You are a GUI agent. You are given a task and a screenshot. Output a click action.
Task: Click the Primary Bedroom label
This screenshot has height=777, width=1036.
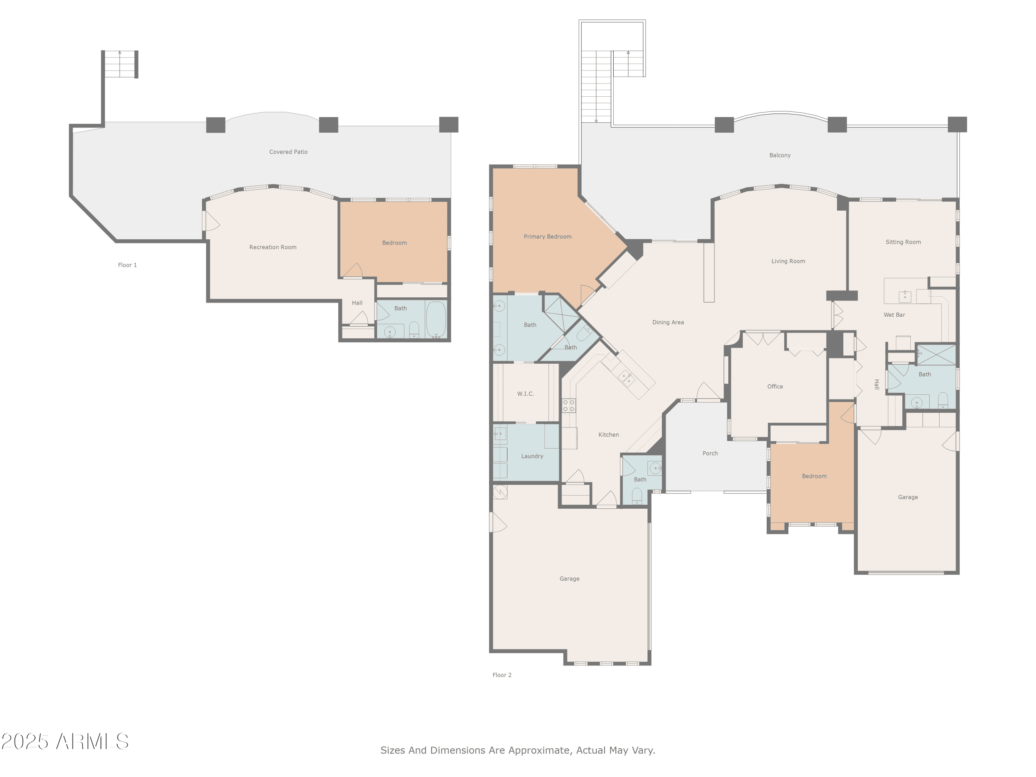pyautogui.click(x=547, y=237)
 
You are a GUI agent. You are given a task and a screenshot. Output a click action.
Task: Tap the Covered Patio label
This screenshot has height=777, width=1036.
pyautogui.click(x=288, y=152)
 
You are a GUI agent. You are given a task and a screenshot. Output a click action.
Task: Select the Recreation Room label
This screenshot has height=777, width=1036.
pyautogui.click(x=272, y=247)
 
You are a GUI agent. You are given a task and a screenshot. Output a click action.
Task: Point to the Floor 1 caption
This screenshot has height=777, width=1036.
pyautogui.click(x=127, y=265)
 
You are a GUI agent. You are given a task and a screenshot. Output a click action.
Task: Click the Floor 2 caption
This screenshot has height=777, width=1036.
pyautogui.click(x=502, y=675)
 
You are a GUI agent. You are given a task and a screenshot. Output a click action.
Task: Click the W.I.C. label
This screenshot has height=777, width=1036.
pyautogui.click(x=526, y=394)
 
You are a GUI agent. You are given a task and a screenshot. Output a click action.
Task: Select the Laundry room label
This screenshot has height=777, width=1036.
pyautogui.click(x=532, y=456)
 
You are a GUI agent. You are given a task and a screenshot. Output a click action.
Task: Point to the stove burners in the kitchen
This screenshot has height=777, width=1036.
pyautogui.click(x=568, y=406)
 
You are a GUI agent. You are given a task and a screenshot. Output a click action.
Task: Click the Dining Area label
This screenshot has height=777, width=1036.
pyautogui.click(x=668, y=322)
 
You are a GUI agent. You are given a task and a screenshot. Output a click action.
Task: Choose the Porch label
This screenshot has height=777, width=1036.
pyautogui.click(x=710, y=453)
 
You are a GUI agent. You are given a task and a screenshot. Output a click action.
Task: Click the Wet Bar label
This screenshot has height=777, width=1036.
pyautogui.click(x=894, y=315)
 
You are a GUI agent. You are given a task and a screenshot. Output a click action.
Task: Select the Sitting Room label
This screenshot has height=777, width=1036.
pyautogui.click(x=903, y=242)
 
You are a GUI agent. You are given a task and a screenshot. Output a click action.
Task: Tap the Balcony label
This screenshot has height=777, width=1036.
pyautogui.click(x=780, y=155)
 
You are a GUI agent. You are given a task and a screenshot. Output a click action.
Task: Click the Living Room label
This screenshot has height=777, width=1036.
pyautogui.click(x=788, y=261)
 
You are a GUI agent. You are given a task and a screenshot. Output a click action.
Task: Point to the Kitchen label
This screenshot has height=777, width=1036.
pyautogui.click(x=608, y=435)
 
